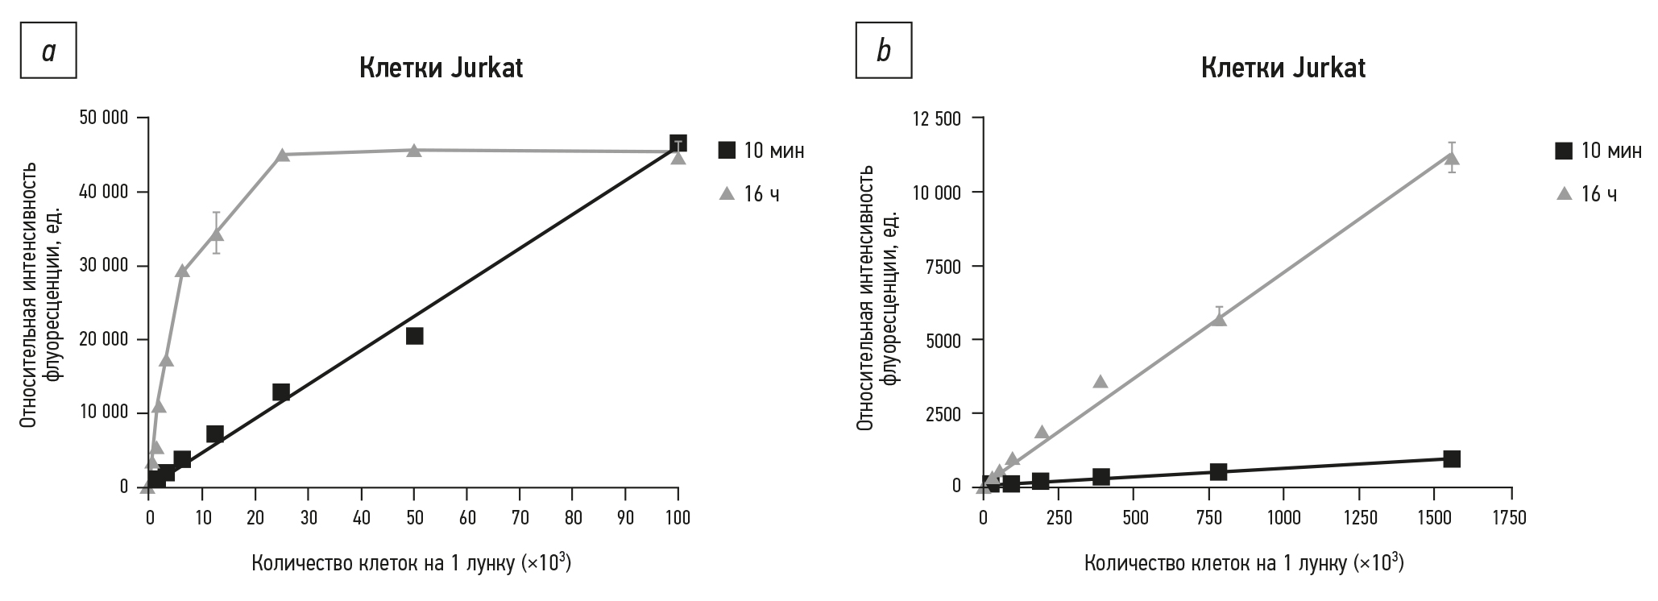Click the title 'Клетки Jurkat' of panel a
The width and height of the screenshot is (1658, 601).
441,68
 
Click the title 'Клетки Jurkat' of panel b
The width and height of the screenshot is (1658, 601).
1283,68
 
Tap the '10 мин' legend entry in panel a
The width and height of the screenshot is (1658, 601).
761,151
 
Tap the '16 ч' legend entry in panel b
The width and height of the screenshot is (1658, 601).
1586,194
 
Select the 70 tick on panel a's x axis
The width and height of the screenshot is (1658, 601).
520,517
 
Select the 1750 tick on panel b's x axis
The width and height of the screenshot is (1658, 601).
1511,517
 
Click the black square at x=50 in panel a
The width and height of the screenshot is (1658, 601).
414,336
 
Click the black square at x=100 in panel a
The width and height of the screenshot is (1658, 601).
678,143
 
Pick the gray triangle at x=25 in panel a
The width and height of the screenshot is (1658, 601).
282,155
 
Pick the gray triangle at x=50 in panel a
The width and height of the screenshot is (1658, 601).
414,151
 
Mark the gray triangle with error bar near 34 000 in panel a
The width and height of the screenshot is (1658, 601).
216,234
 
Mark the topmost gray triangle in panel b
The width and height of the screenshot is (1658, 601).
1451,158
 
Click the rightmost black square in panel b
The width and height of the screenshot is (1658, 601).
1451,458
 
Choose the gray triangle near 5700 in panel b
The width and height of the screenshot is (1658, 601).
1218,318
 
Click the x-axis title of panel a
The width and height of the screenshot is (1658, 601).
412,563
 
